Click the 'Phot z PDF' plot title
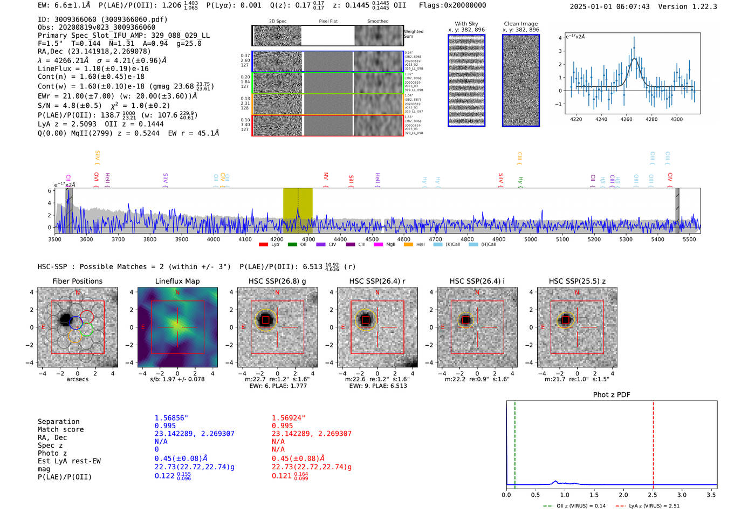612,395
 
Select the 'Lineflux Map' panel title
177,281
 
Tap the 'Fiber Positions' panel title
78,281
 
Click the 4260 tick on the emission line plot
626,119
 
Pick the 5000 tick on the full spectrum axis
531,239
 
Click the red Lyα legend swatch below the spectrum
263,244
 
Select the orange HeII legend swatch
408,244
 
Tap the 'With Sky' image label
466,24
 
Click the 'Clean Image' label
521,24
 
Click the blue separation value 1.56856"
171,418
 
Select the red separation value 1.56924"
289,418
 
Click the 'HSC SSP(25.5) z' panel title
577,281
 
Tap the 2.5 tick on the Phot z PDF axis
653,495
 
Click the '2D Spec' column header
278,22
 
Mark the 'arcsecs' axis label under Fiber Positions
78,379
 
